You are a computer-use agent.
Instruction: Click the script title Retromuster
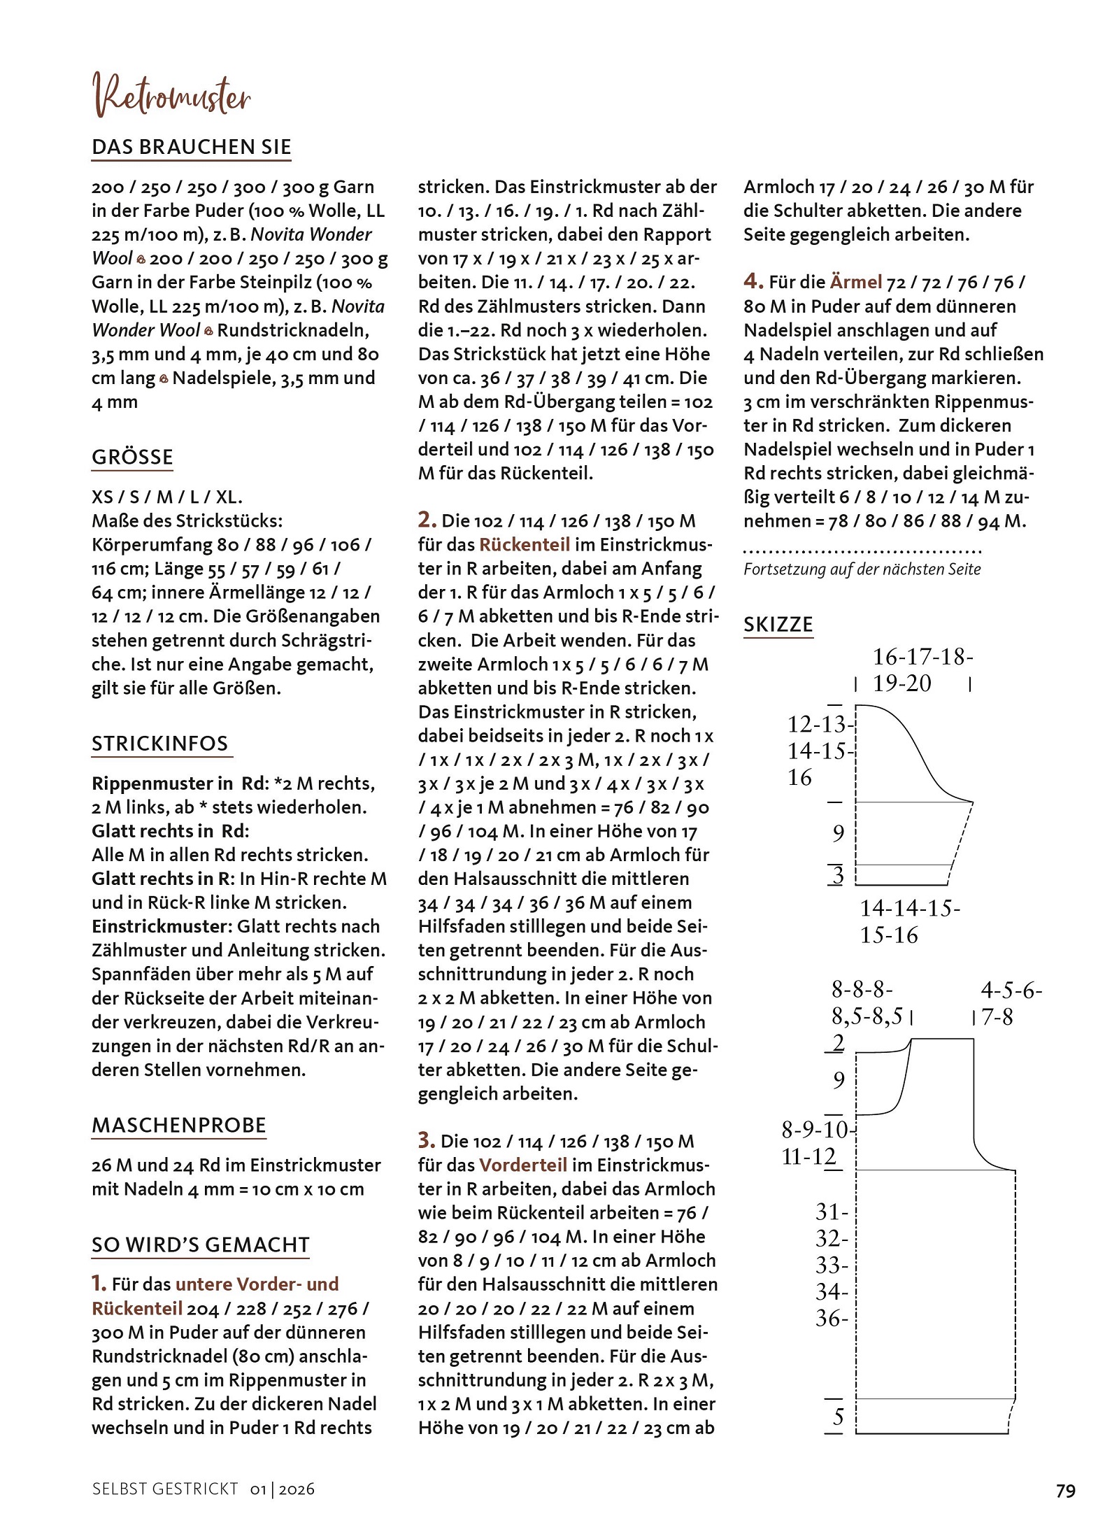coord(172,96)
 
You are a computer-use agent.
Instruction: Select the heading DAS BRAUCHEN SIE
coord(191,147)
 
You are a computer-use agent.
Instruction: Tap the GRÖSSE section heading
coord(132,457)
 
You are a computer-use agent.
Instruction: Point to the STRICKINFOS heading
coord(160,743)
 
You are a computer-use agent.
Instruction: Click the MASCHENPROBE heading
coord(179,1125)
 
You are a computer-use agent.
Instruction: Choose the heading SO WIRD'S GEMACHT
coord(200,1244)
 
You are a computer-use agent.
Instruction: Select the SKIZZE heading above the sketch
coord(778,624)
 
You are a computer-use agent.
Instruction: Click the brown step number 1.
coord(99,1283)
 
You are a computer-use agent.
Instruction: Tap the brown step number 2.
coord(427,520)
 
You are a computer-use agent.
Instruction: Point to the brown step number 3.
coord(427,1140)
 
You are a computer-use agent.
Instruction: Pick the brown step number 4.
coord(753,281)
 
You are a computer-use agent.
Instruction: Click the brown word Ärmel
coord(855,282)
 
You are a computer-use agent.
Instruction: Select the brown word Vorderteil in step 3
coord(522,1165)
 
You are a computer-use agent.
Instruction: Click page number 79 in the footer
coord(1065,1491)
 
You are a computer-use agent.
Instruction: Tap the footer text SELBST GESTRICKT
coord(165,1489)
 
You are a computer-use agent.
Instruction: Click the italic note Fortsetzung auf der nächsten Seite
coord(862,569)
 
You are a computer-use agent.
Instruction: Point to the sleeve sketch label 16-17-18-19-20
coord(922,669)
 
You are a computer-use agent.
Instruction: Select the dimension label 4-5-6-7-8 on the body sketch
coord(1011,1003)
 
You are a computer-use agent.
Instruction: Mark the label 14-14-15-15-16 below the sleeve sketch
coord(909,921)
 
